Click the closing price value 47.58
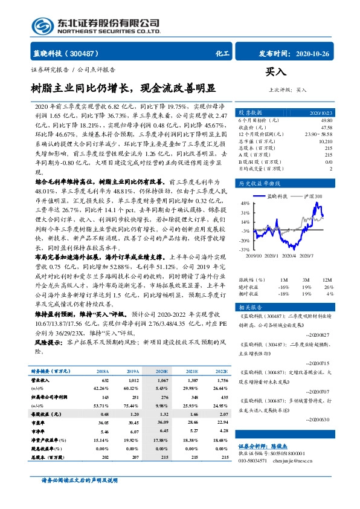coord(326,128)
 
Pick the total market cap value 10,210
coord(325,141)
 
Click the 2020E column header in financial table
coord(162,371)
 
